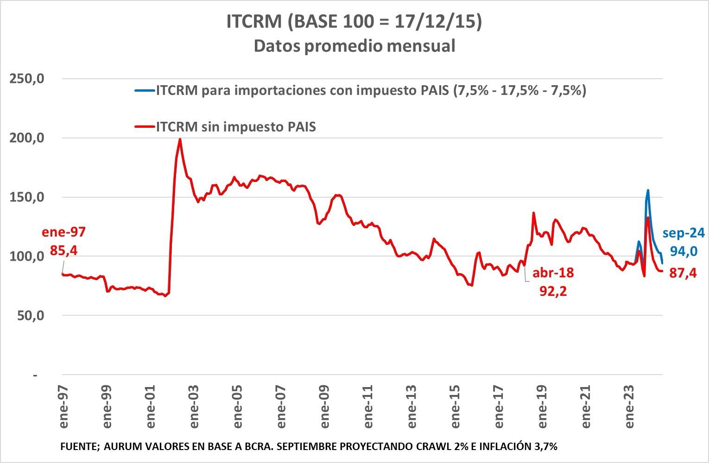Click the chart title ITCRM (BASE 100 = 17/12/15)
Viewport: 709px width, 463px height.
[354, 22]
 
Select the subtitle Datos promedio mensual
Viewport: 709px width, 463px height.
[354, 46]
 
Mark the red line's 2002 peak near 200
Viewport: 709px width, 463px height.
[180, 139]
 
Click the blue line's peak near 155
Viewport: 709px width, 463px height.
[648, 190]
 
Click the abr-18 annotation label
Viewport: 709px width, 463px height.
[553, 273]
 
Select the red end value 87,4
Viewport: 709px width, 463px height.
[683, 274]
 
